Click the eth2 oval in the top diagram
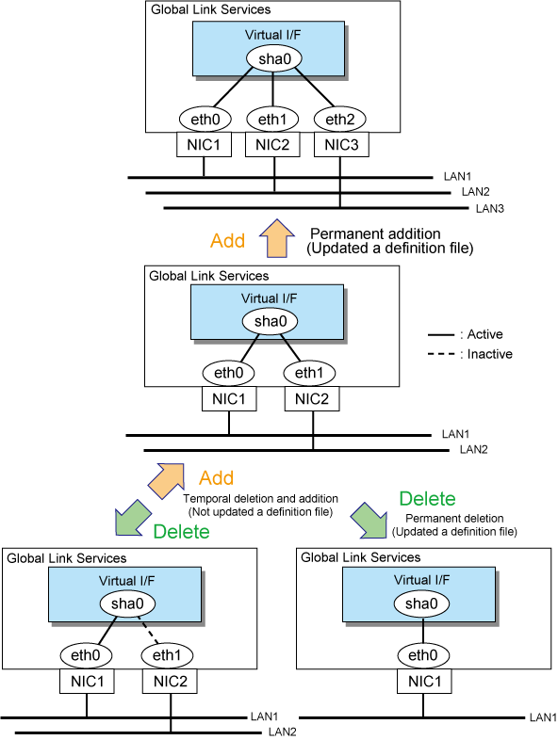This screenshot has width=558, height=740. point(339,120)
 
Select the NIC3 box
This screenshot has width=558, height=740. point(341,144)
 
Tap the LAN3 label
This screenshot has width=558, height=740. point(489,209)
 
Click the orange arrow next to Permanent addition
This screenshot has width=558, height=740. point(277,238)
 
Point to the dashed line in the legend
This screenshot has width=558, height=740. point(441,354)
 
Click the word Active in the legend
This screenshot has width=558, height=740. point(484,334)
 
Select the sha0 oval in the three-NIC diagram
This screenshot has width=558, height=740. point(274,59)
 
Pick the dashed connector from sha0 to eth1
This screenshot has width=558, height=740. point(150,630)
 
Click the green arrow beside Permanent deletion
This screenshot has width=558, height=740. point(369,520)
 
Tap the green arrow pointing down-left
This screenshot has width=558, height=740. point(133,518)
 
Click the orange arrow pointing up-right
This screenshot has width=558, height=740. point(166,481)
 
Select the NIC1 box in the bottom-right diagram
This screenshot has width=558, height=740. point(424,682)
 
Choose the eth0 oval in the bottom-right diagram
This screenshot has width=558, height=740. point(423,655)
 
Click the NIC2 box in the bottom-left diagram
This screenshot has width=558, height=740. point(170,682)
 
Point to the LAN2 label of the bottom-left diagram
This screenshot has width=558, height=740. point(282,732)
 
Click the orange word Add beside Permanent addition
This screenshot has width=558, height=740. point(228,241)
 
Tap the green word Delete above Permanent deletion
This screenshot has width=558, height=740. point(427,499)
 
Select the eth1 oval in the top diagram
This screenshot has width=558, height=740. point(272,120)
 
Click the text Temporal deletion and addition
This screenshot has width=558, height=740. point(260,499)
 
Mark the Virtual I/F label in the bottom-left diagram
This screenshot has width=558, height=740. point(126,581)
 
